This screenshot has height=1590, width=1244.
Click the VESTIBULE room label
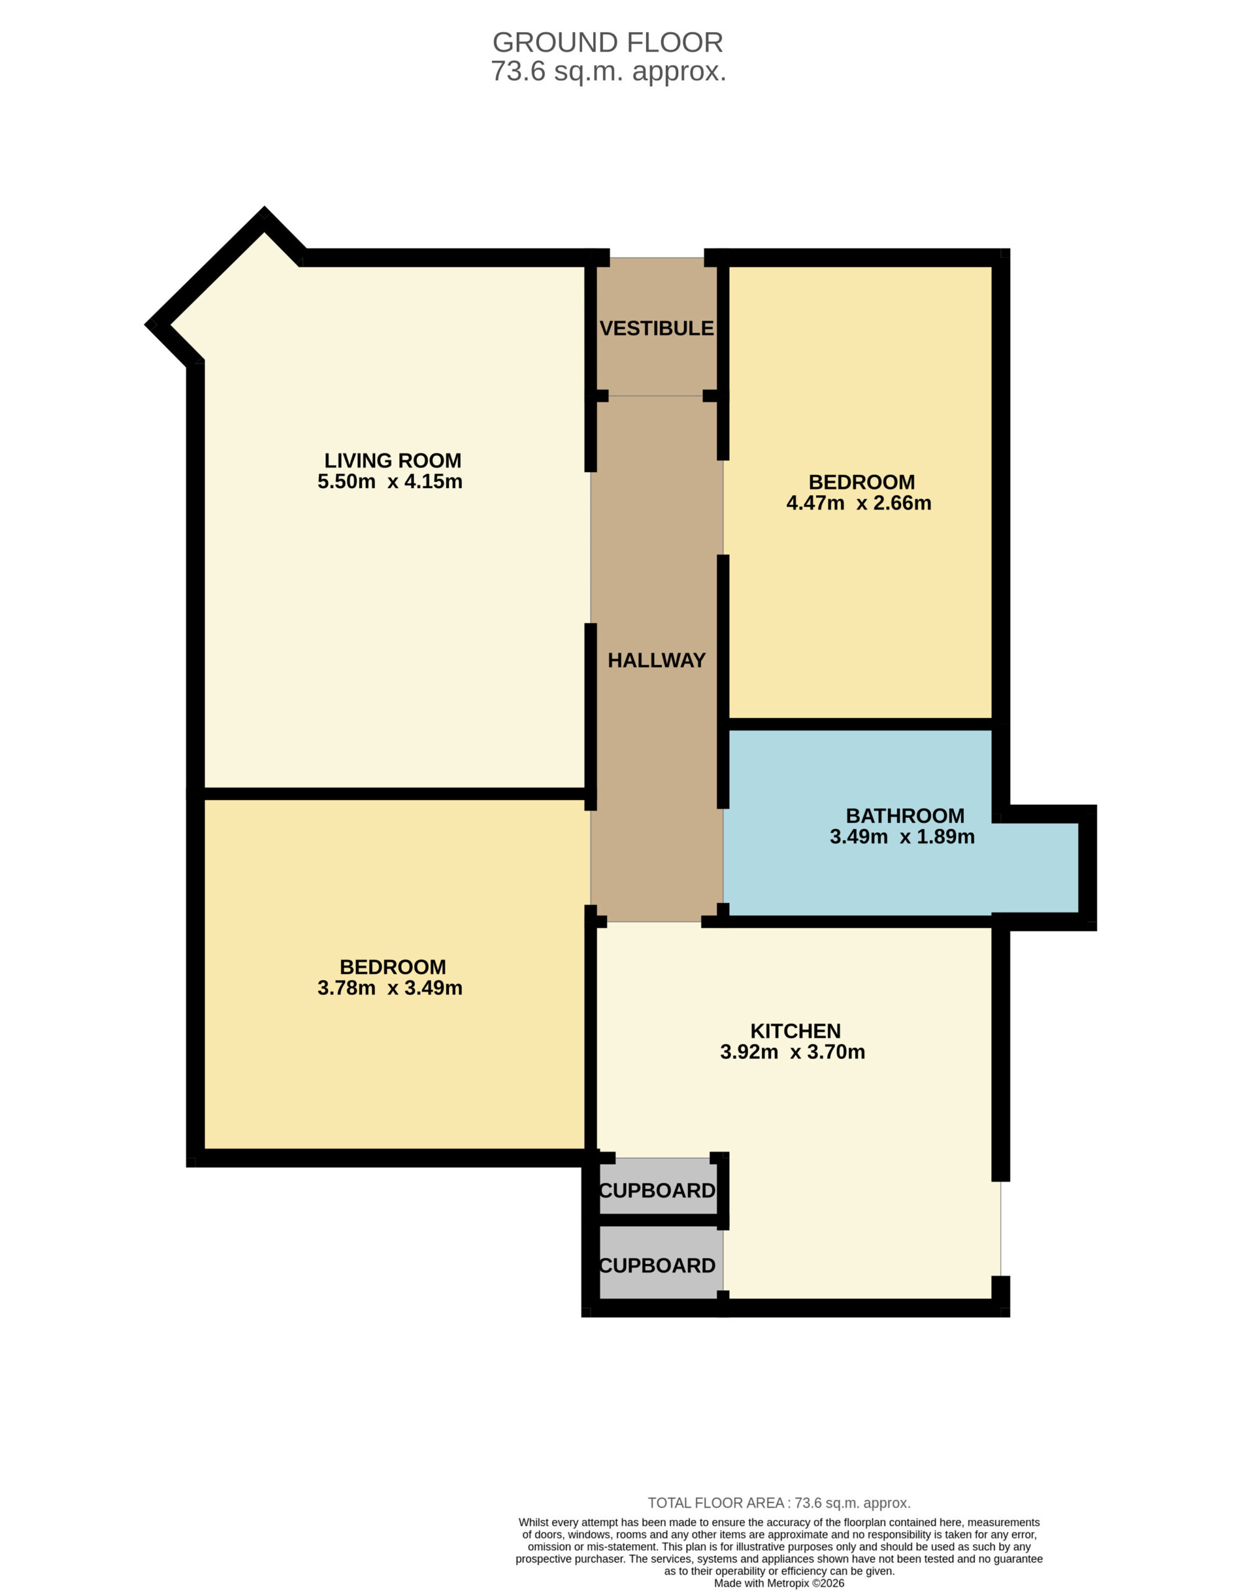point(656,329)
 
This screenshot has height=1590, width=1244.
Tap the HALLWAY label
point(656,661)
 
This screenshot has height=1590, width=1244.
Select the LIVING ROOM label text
point(393,461)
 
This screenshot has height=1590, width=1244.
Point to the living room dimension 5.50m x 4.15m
point(389,482)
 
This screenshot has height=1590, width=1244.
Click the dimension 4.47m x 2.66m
point(859,503)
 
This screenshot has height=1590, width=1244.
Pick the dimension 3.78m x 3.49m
point(389,988)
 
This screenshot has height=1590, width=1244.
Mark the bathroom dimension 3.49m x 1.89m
point(902,837)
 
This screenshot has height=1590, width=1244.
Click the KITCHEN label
point(796,1032)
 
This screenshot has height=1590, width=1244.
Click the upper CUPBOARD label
point(657,1191)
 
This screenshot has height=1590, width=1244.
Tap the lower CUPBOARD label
point(657,1266)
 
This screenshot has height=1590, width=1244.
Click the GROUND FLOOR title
point(607,42)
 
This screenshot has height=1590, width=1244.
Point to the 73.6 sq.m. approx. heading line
point(608,71)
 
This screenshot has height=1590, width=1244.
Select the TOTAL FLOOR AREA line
point(779,1502)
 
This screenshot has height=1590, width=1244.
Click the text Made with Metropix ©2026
point(779,1583)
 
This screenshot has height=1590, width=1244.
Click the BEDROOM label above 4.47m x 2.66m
point(861,482)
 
